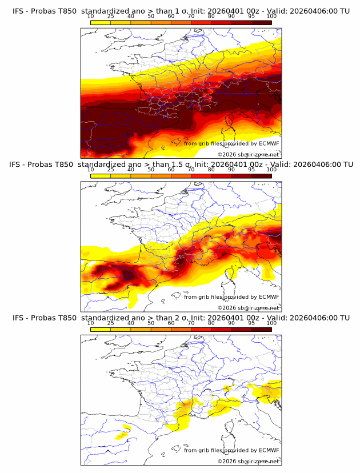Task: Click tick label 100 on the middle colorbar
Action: coord(271,170)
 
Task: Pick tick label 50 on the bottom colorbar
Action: coord(151,323)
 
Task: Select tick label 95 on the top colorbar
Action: coord(251,16)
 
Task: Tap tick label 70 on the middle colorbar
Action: coord(191,170)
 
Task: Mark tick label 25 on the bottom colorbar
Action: coord(111,323)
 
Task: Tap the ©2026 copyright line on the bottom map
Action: coord(247,461)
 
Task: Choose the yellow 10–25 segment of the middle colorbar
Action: coord(101,176)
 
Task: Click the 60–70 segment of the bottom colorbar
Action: coord(181,329)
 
